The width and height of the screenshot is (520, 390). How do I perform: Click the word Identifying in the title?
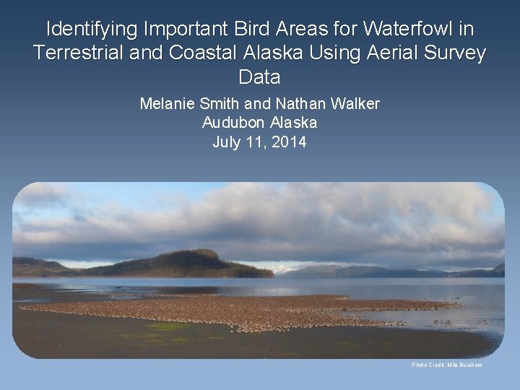(x=92, y=29)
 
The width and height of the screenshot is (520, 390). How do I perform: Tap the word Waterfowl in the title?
(x=411, y=29)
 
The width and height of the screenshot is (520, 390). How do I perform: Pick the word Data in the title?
(x=259, y=77)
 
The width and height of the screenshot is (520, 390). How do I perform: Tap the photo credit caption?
(x=446, y=365)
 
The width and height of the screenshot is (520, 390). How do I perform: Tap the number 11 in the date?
(x=258, y=142)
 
